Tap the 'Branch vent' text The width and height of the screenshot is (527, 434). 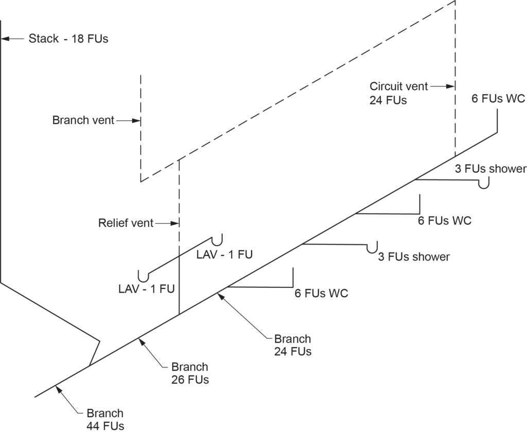point(83,121)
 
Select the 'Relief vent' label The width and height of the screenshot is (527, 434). point(126,223)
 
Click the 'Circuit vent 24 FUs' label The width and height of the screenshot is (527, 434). point(392,93)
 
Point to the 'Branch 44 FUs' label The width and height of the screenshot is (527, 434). point(105,419)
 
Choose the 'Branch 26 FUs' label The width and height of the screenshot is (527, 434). point(190,374)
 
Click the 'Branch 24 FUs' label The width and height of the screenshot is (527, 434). point(292,345)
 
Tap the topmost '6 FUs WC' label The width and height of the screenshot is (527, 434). point(498,99)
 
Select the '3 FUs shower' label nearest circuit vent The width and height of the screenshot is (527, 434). point(490,169)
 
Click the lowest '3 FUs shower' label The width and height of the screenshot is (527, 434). point(414,257)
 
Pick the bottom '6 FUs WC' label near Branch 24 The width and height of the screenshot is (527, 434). point(321,294)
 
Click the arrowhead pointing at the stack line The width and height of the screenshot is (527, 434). point(5,38)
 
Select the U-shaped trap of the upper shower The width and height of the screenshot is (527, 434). point(483,184)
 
